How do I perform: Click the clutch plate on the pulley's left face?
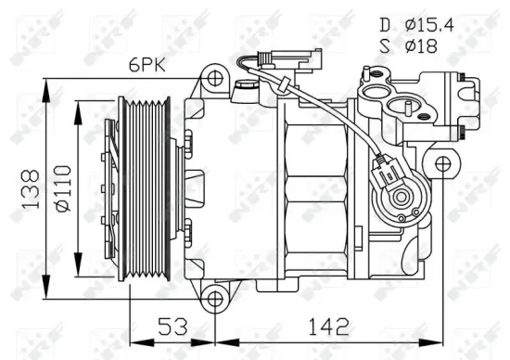click(113, 186)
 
